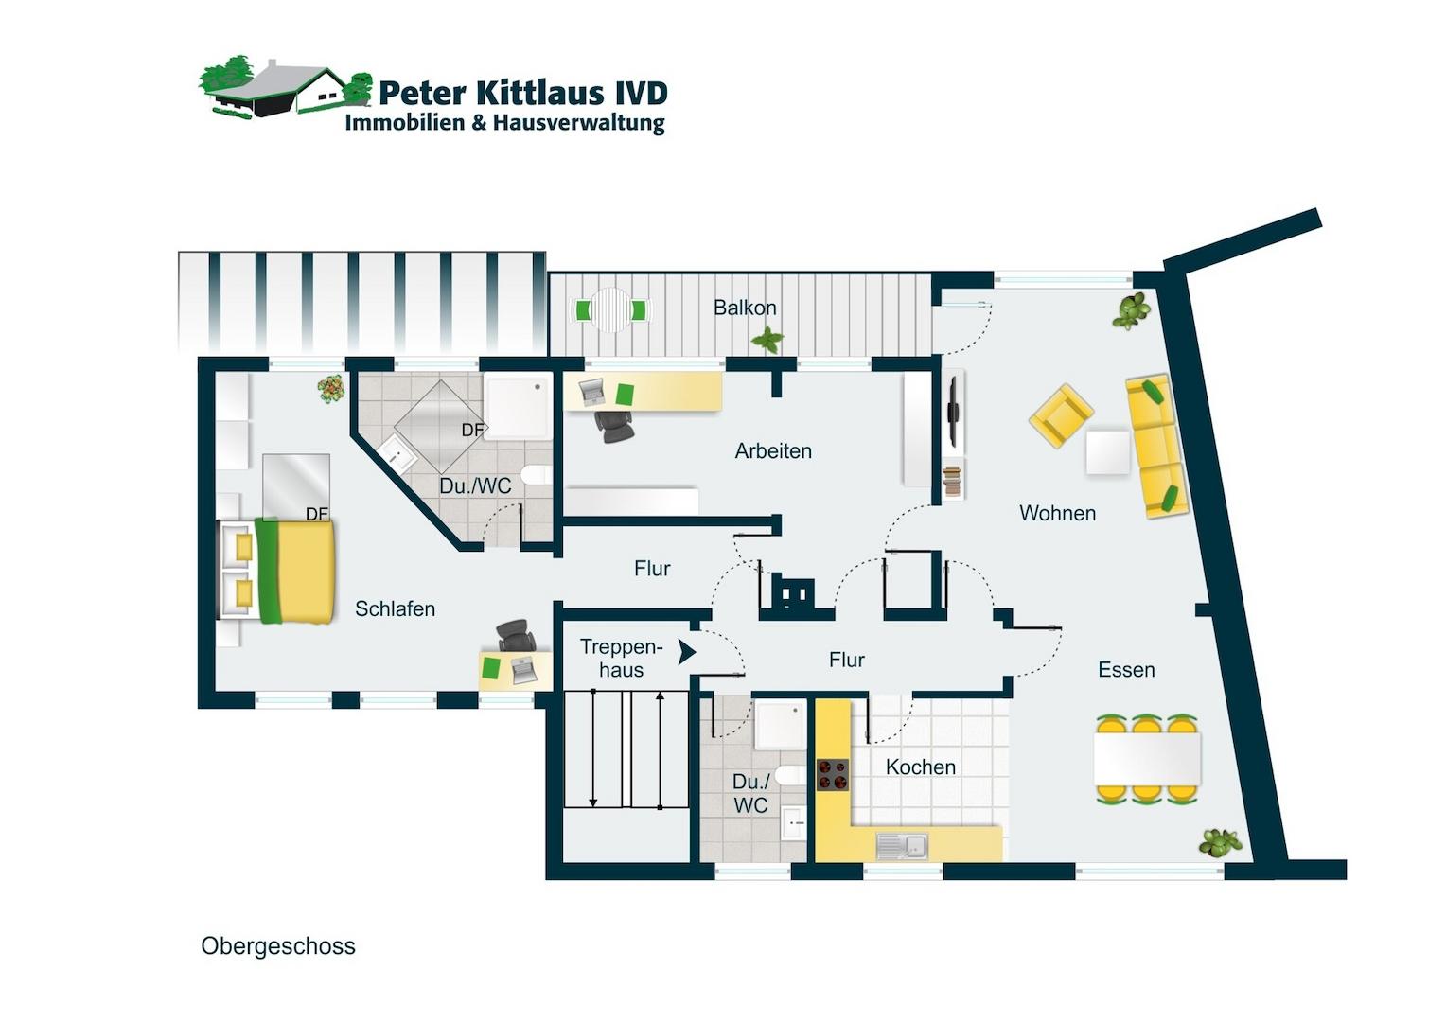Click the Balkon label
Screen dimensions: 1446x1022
745,308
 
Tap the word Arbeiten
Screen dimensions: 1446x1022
773,451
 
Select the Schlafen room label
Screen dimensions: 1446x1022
395,608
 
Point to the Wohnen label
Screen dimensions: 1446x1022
1057,513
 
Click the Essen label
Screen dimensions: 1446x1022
1126,669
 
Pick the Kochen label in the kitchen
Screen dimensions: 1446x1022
921,767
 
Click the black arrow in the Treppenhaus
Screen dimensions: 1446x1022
687,652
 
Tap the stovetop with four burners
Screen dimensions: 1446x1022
833,775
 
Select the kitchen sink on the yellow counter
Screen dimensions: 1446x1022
902,846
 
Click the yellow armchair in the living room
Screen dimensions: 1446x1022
1061,415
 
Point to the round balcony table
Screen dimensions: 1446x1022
611,309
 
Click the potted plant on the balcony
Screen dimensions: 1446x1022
767,340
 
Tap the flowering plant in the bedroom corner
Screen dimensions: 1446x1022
330,390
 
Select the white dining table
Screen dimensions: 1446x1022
1147,759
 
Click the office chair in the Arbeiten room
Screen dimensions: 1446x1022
614,427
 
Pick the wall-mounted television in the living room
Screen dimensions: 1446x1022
953,412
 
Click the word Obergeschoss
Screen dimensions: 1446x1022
278,946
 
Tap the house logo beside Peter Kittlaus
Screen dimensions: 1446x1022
286,88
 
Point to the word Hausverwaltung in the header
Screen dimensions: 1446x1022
579,123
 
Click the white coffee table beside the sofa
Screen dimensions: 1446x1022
1108,452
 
